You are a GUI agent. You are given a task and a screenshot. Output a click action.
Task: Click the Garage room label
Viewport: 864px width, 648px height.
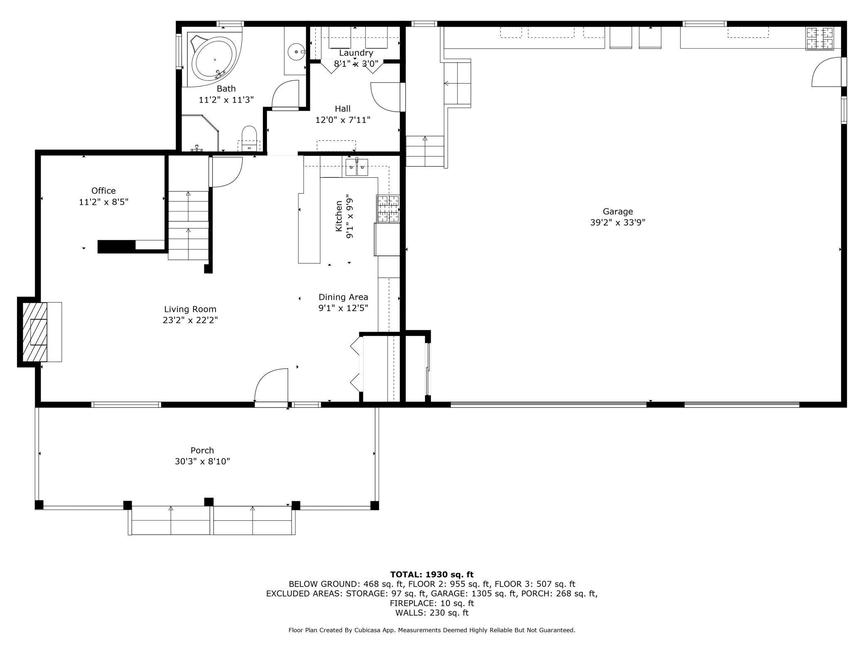pyautogui.click(x=618, y=211)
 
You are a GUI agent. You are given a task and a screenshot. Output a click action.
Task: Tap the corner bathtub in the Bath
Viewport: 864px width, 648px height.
pyautogui.click(x=214, y=59)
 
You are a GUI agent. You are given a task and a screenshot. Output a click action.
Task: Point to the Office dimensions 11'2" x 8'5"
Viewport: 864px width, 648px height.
pyautogui.click(x=103, y=202)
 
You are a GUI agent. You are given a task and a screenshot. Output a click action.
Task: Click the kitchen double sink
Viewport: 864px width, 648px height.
pyautogui.click(x=357, y=167)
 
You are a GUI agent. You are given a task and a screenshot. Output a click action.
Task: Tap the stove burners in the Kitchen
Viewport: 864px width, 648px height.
pyautogui.click(x=388, y=209)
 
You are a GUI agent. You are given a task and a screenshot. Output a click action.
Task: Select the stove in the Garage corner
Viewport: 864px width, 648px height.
pyautogui.click(x=820, y=39)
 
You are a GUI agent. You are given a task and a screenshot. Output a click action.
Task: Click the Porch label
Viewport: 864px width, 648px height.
pyautogui.click(x=202, y=450)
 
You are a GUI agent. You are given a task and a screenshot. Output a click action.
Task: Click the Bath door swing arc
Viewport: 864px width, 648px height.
pyautogui.click(x=285, y=94)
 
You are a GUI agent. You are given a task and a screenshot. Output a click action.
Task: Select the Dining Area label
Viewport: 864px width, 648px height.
pyautogui.click(x=343, y=297)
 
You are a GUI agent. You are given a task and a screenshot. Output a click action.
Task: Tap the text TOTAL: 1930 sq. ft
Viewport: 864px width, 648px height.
pyautogui.click(x=432, y=574)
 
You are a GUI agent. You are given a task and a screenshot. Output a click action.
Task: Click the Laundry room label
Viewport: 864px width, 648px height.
pyautogui.click(x=356, y=53)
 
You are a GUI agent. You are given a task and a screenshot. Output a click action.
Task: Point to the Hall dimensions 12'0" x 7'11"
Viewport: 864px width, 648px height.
pyautogui.click(x=343, y=120)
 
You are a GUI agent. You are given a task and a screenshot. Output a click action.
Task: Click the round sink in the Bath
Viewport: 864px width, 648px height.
pyautogui.click(x=297, y=52)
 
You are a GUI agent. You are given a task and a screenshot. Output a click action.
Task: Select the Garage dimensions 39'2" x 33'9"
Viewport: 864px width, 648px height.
pyautogui.click(x=618, y=222)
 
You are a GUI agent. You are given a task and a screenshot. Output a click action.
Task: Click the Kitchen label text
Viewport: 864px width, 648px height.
pyautogui.click(x=339, y=216)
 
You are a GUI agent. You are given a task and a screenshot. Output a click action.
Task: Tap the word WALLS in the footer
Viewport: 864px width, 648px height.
pyautogui.click(x=410, y=613)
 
